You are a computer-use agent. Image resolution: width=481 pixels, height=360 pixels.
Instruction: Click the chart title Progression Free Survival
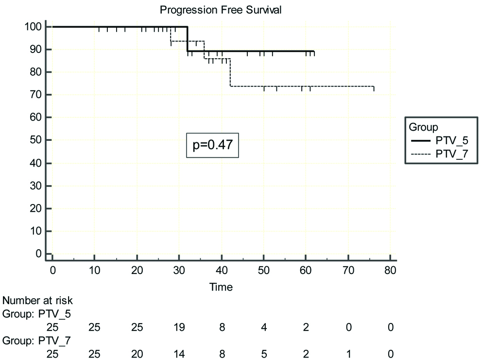pyautogui.click(x=221, y=9)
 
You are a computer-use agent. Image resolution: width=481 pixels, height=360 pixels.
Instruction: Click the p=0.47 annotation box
pyautogui.click(x=213, y=145)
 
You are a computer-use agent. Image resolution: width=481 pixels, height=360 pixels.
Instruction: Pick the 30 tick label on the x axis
pyautogui.click(x=179, y=270)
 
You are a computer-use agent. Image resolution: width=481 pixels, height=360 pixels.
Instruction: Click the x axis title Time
pyautogui.click(x=221, y=287)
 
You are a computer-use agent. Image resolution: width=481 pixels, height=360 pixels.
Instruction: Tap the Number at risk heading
pyautogui.click(x=38, y=301)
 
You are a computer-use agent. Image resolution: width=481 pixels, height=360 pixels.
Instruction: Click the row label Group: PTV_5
pyautogui.click(x=37, y=314)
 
